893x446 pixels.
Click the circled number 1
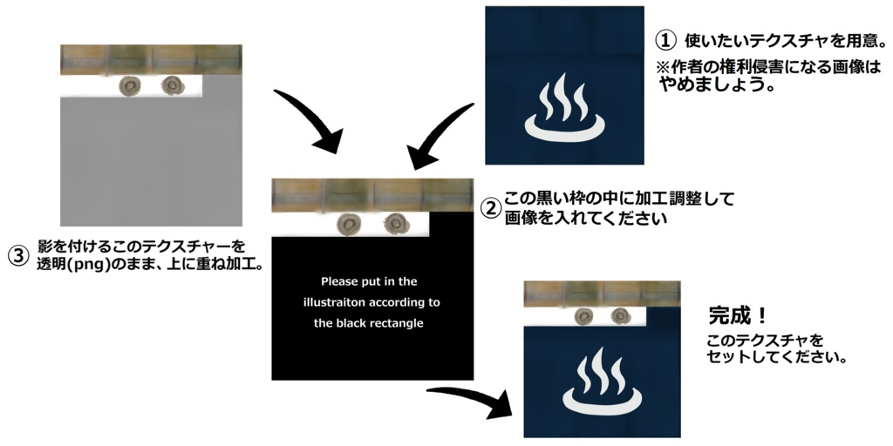click(x=665, y=41)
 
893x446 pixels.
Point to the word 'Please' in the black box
click(x=339, y=281)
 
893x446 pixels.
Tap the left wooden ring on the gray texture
click(x=132, y=85)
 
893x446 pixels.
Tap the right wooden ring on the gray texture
click(x=172, y=85)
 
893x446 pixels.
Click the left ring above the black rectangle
click(x=351, y=223)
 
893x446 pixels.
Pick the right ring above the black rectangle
click(x=396, y=223)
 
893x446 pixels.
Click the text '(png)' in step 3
click(x=95, y=264)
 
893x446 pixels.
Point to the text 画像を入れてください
click(x=585, y=220)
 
